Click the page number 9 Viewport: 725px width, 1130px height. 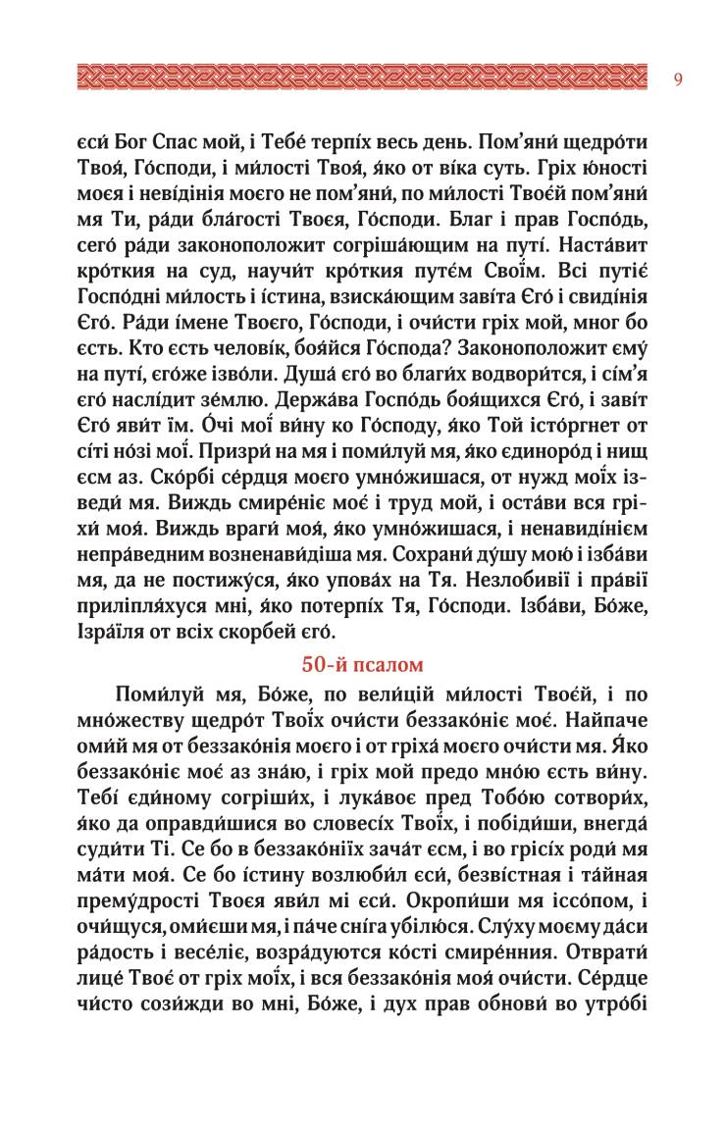coord(679,78)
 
